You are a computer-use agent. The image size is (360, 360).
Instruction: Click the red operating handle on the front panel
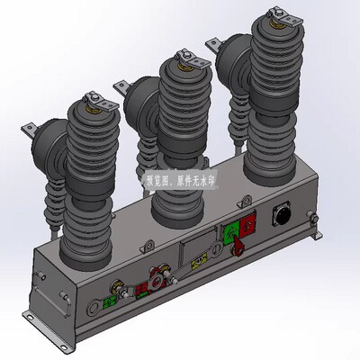pos(240,247)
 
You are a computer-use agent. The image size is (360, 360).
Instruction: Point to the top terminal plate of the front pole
pos(94,98)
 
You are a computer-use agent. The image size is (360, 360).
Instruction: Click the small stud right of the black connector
pos(311,216)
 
